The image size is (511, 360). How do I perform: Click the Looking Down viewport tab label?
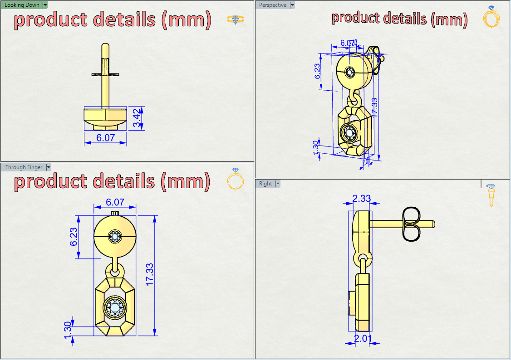22,5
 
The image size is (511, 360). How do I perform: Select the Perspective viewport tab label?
273,5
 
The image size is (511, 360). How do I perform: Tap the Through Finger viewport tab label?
24,167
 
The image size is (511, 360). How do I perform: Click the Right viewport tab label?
265,184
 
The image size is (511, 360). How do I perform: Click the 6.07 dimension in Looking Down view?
105,138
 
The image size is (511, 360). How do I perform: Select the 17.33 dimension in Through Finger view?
150,275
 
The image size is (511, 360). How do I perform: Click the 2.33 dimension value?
362,198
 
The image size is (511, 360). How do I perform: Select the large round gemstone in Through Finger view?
115,307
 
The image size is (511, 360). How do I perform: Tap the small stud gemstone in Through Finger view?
114,236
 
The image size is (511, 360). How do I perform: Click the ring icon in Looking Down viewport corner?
235,19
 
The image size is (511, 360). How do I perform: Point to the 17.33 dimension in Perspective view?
374,108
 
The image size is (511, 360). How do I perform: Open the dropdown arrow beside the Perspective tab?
292,5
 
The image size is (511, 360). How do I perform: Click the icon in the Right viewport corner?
491,195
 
